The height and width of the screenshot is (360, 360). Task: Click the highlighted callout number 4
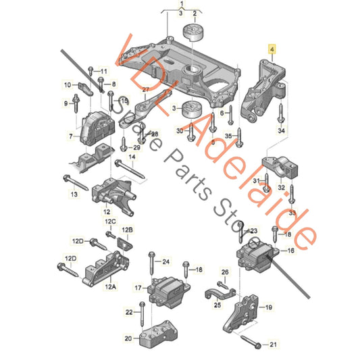(x=272, y=49)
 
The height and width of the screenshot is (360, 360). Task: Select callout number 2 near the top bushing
(x=195, y=13)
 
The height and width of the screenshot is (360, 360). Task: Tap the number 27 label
(x=146, y=90)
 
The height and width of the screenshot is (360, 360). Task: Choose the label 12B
(x=128, y=230)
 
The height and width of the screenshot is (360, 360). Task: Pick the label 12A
(x=110, y=286)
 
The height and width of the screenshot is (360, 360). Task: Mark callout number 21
(x=273, y=345)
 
